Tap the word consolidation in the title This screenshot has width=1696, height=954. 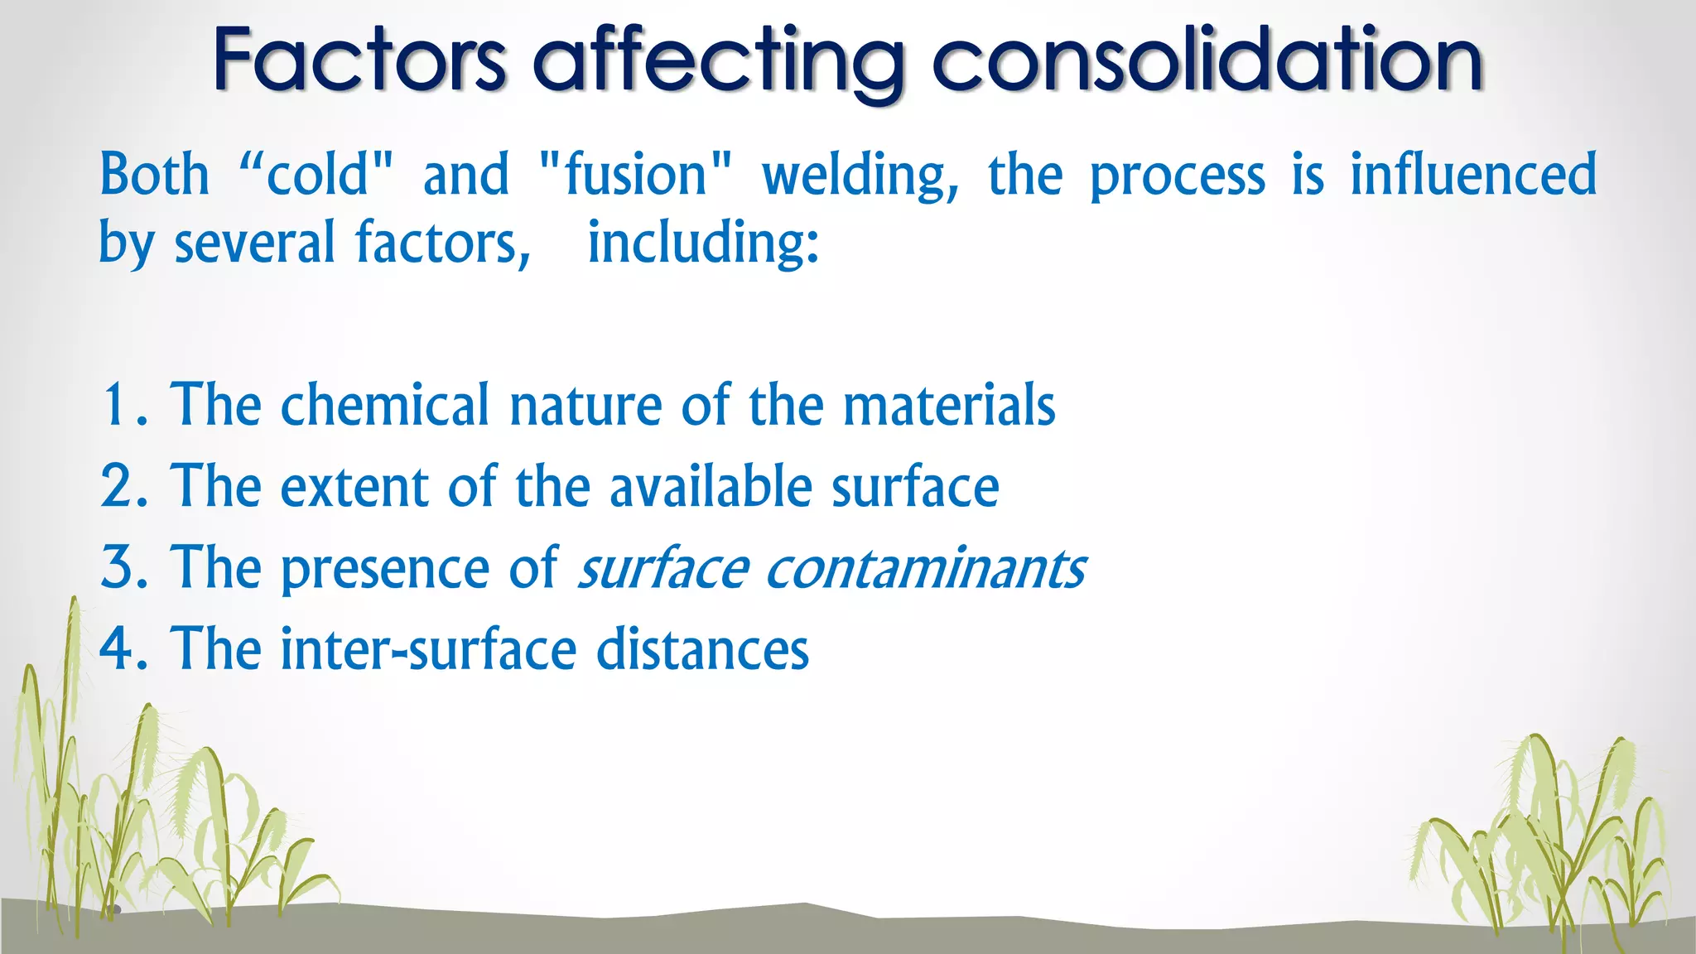pyautogui.click(x=1207, y=60)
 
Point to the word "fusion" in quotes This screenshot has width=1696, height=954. pyautogui.click(x=635, y=175)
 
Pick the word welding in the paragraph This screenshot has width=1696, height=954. pyautogui.click(x=860, y=176)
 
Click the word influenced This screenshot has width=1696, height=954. pyautogui.click(x=1473, y=175)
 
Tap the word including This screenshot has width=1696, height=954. pyautogui.click(x=703, y=244)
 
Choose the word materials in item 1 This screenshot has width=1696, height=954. pyautogui.click(x=949, y=405)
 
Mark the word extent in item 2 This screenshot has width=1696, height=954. pyautogui.click(x=354, y=486)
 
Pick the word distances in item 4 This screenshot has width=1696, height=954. pyautogui.click(x=702, y=648)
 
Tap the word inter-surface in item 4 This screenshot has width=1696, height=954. pyautogui.click(x=428, y=648)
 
